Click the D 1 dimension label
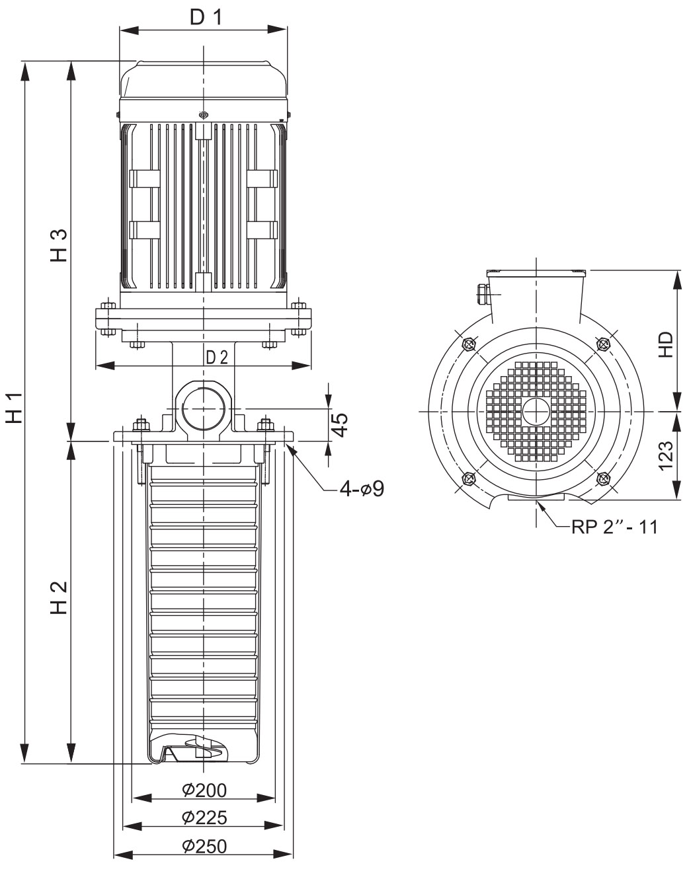pyautogui.click(x=206, y=17)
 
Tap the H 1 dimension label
pyautogui.click(x=14, y=408)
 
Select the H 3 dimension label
pyautogui.click(x=58, y=246)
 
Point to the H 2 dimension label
pyautogui.click(x=58, y=598)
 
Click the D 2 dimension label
pyautogui.click(x=218, y=357)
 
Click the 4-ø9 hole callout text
pyautogui.click(x=362, y=489)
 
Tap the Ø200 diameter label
pyautogui.click(x=204, y=790)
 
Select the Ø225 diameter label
pyautogui.click(x=204, y=818)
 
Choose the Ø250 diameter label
pyautogui.click(x=204, y=846)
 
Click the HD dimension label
pyautogui.click(x=666, y=344)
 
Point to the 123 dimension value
pyautogui.click(x=666, y=455)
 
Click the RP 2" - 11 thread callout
pyautogui.click(x=614, y=527)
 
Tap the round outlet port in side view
pyautogui.click(x=204, y=409)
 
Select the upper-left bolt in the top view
pyautogui.click(x=469, y=344)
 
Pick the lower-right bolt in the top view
pyautogui.click(x=603, y=478)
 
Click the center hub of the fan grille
pyautogui.click(x=536, y=411)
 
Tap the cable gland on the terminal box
pyautogui.click(x=483, y=294)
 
